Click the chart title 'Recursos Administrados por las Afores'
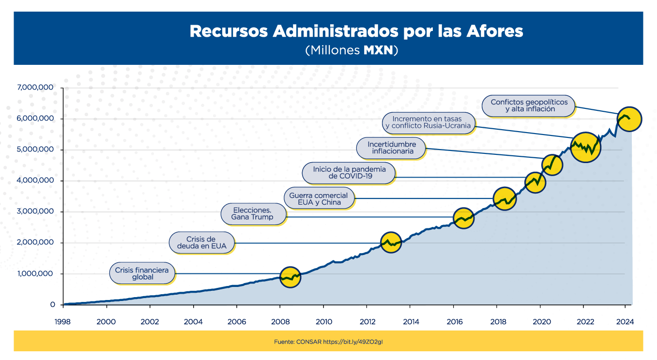coord(356,31)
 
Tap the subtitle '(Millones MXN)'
coord(351,50)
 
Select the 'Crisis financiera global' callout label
coord(142,273)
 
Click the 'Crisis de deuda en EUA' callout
coord(202,242)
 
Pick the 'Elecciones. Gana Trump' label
coord(253,213)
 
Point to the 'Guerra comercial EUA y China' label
coord(319,198)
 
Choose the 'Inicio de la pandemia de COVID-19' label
coord(348,173)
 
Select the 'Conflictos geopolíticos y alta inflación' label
coord(529,105)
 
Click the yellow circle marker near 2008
coord(290,278)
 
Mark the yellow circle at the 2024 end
coord(629,119)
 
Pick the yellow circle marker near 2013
coord(392,242)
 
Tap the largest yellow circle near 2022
coord(585,147)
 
